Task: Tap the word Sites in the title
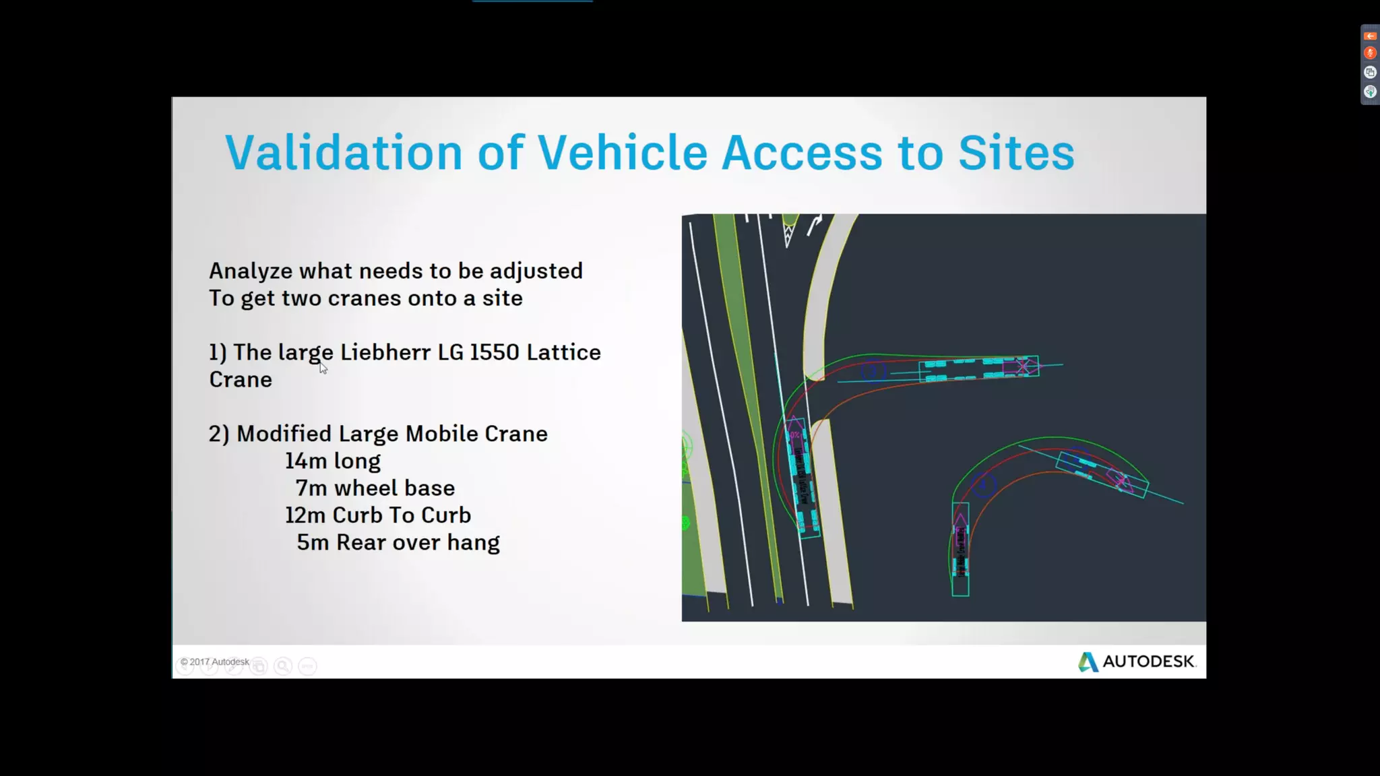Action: click(x=1015, y=152)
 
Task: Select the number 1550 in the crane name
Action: click(x=494, y=352)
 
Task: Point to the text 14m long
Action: click(x=332, y=461)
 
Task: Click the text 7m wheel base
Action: click(x=375, y=488)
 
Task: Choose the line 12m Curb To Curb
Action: click(x=377, y=515)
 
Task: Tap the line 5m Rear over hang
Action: click(x=398, y=543)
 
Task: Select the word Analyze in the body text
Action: click(x=250, y=271)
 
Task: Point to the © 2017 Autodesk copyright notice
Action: click(x=214, y=662)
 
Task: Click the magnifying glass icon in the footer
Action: click(x=283, y=666)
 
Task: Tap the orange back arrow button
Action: click(x=1370, y=36)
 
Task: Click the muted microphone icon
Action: click(x=1370, y=53)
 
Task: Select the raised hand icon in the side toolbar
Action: click(x=1370, y=92)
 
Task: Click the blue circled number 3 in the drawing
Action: click(x=873, y=371)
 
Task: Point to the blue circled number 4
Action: click(x=984, y=484)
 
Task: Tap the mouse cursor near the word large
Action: click(x=323, y=368)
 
